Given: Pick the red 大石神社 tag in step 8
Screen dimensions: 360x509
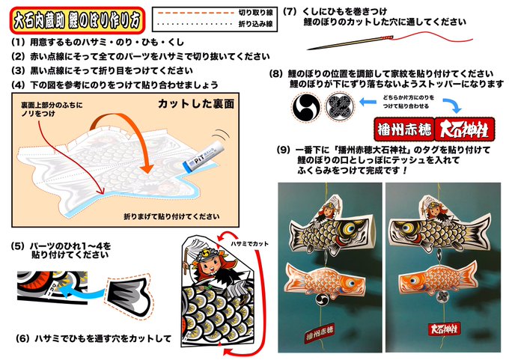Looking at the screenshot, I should (463, 126).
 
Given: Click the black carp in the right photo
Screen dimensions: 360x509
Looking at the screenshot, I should (439, 233).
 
